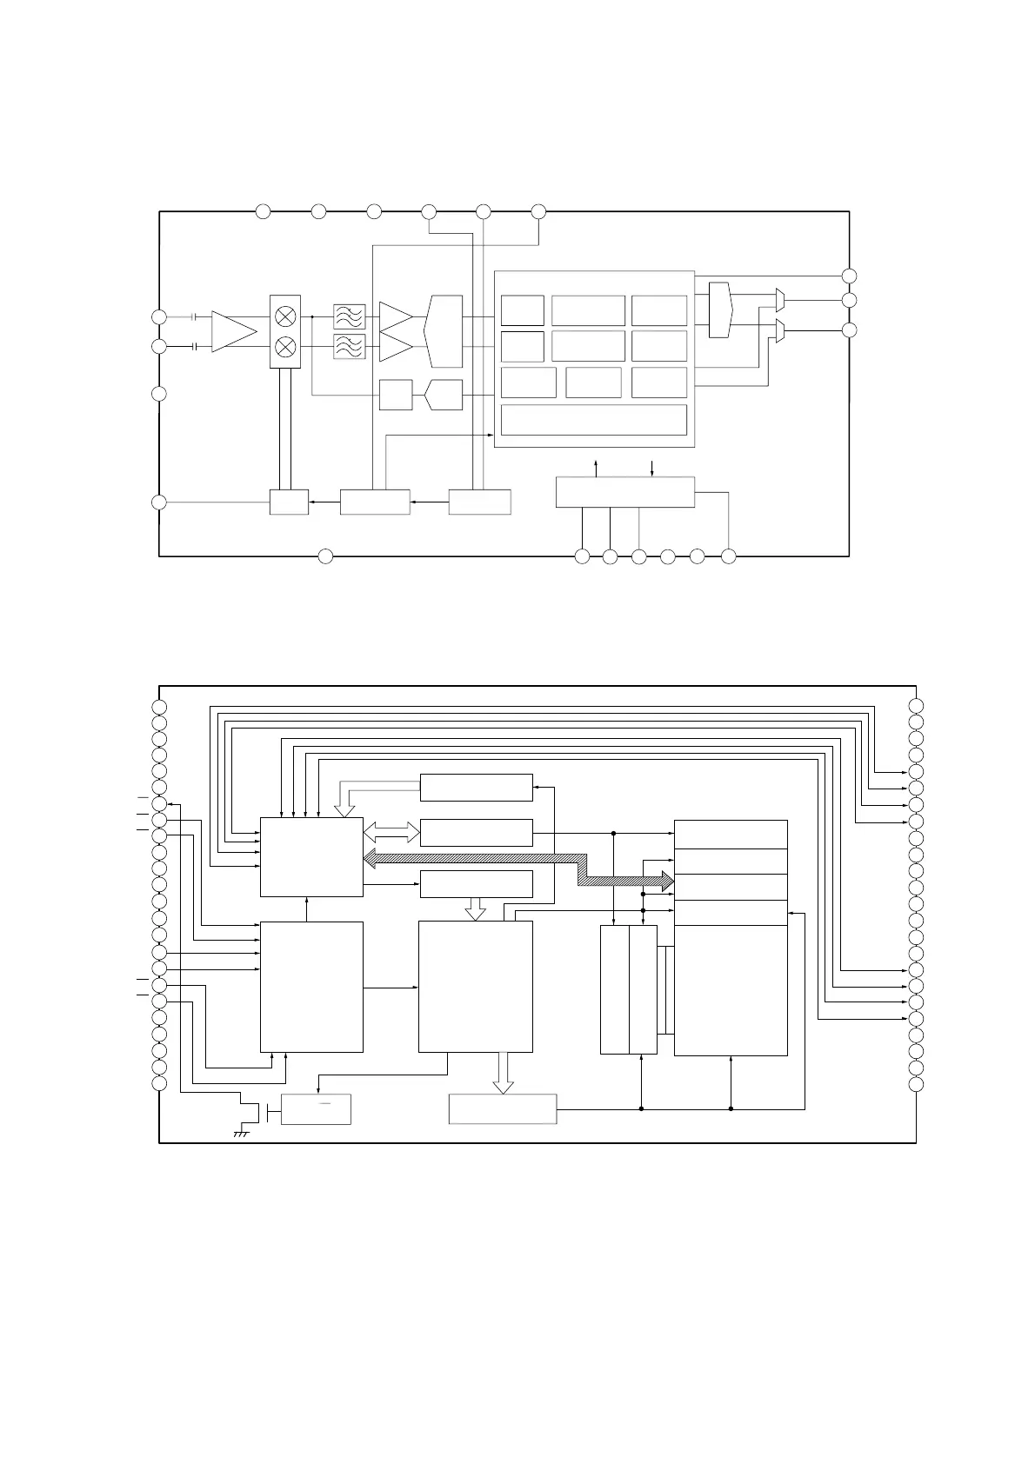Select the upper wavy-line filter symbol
pyautogui.click(x=350, y=316)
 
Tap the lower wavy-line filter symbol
pyautogui.click(x=350, y=347)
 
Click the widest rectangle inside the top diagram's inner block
pyautogui.click(x=595, y=420)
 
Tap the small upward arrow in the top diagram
pyautogui.click(x=596, y=466)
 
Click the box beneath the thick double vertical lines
pyautogui.click(x=289, y=502)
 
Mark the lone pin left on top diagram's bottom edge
pyautogui.click(x=325, y=556)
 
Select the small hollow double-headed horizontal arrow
pyautogui.click(x=391, y=832)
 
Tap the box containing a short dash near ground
pyautogui.click(x=317, y=1109)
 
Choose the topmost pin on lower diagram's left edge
pyautogui.click(x=159, y=705)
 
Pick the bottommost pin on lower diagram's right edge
pyautogui.click(x=916, y=1084)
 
